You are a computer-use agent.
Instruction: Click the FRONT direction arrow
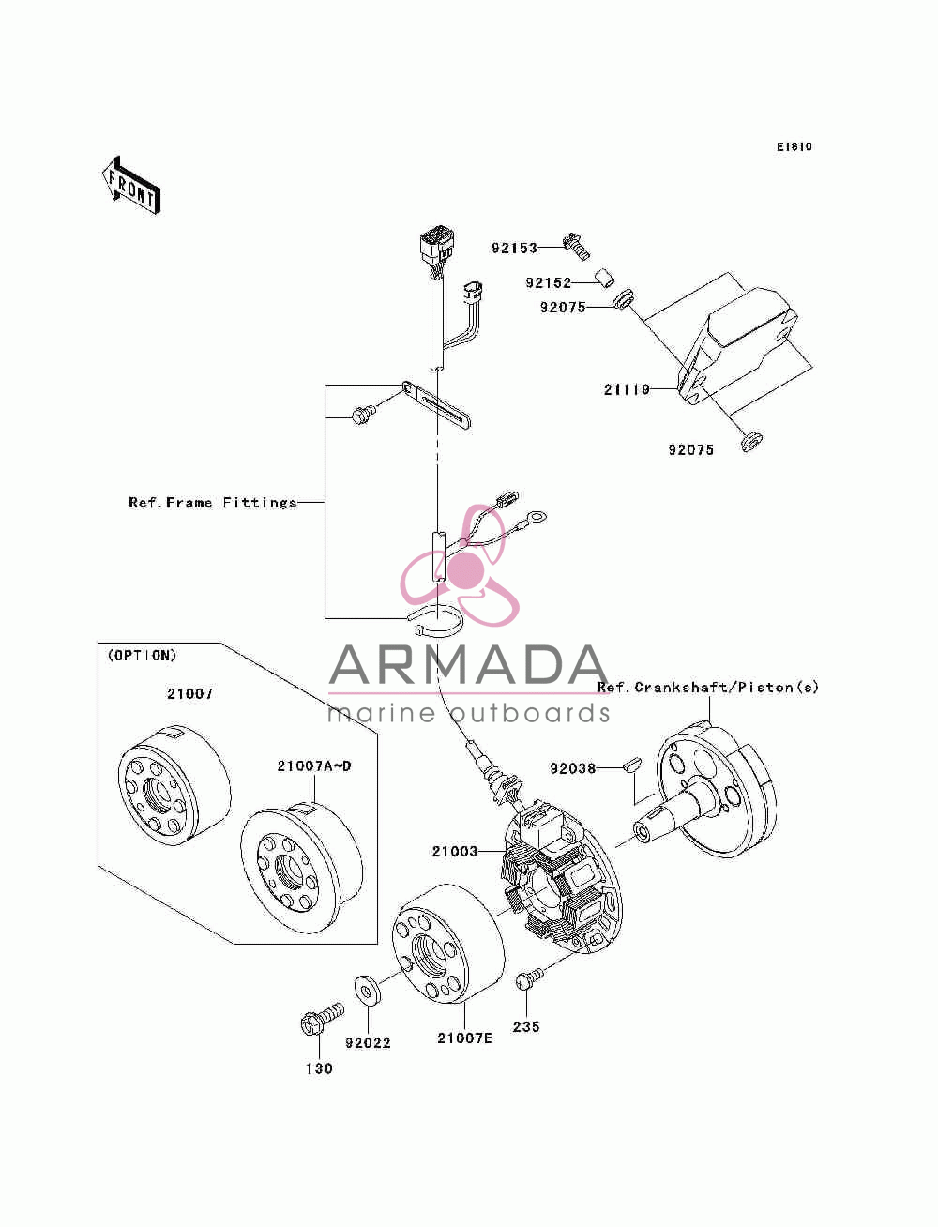point(131,186)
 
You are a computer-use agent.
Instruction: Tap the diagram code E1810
point(794,147)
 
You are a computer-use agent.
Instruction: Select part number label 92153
point(514,248)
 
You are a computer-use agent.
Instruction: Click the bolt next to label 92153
point(576,246)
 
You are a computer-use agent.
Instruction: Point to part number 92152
point(549,283)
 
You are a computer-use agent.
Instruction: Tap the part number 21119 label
point(627,389)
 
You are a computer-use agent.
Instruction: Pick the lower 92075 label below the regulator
point(691,450)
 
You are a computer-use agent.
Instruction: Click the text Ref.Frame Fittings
point(212,503)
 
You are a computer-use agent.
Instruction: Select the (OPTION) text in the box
point(142,655)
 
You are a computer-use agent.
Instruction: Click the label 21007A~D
point(314,765)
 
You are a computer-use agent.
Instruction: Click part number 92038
point(572,768)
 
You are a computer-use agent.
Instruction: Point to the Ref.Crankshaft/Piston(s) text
point(707,687)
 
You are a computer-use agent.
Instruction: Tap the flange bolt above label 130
point(322,1019)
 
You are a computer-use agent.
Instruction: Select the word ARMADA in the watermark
point(468,665)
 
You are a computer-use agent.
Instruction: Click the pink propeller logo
point(460,566)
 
